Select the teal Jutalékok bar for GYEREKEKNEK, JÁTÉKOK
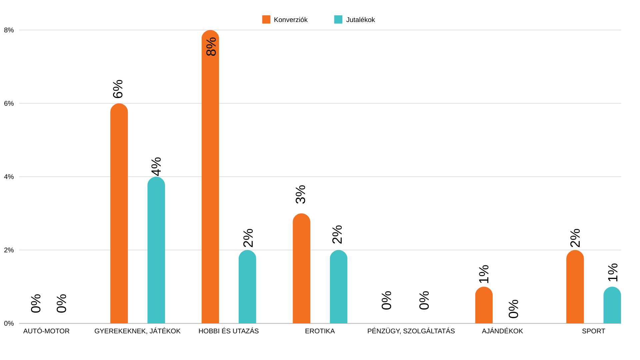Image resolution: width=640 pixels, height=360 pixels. click(156, 250)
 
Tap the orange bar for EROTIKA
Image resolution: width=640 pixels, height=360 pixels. click(301, 268)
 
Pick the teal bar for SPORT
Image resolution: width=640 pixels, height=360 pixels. click(612, 305)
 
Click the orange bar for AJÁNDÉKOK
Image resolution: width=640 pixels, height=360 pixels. click(484, 305)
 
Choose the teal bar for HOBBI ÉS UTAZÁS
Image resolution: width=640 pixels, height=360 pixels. click(247, 287)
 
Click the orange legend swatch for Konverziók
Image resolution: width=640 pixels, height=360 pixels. click(266, 20)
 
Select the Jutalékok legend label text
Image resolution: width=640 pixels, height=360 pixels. click(360, 20)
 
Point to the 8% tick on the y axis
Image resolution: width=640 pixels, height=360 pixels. click(9, 30)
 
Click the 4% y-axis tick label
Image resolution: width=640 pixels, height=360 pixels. click(9, 177)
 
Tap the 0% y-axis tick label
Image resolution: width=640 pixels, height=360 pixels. click(9, 324)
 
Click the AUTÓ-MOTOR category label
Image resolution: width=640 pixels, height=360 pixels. click(46, 331)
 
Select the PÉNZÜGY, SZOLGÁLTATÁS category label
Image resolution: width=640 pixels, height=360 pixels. click(411, 331)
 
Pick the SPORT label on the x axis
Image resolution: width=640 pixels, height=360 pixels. click(593, 331)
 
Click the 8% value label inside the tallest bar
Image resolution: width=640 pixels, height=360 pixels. click(211, 47)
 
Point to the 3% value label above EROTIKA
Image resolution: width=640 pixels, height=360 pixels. click(300, 194)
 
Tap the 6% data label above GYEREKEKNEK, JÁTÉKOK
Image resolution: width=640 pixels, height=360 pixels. click(118, 89)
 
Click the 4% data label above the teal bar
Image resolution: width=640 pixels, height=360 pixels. click(156, 166)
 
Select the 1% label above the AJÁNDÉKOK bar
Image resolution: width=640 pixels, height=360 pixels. click(484, 274)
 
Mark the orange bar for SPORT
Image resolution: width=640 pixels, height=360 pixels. click(575, 287)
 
